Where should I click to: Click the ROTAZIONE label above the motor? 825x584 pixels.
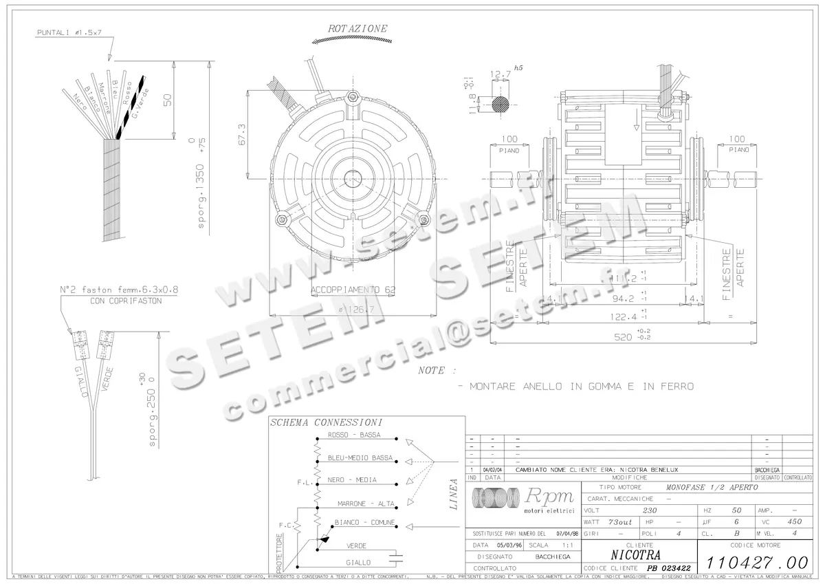[x=357, y=29]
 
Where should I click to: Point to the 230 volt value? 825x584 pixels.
[x=649, y=511]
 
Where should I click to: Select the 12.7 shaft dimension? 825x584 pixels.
[x=500, y=74]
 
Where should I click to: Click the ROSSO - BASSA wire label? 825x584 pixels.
[x=353, y=435]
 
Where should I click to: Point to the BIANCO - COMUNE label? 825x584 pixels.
[x=364, y=523]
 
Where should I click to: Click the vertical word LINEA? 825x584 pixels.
[x=453, y=494]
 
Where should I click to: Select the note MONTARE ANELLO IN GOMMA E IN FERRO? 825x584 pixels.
[x=581, y=387]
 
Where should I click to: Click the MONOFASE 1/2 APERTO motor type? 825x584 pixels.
[x=712, y=487]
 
